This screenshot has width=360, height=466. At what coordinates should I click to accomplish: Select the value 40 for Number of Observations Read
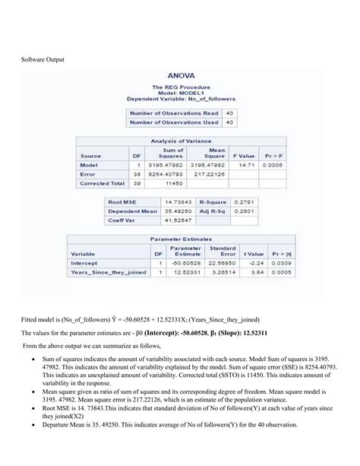click(x=229, y=112)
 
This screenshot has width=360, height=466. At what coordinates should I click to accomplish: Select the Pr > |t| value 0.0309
click(x=286, y=263)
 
